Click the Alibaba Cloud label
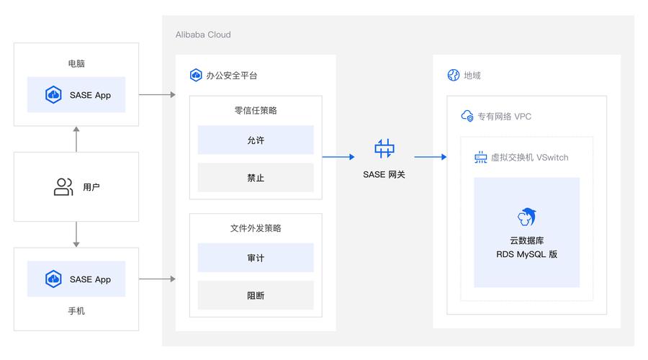point(203,35)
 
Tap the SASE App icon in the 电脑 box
point(53,94)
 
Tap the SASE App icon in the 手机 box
point(53,279)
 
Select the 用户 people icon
point(63,187)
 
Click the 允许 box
point(256,140)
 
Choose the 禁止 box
point(256,177)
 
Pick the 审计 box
point(256,257)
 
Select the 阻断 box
point(256,295)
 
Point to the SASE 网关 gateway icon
point(384,148)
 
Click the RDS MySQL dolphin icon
point(526,216)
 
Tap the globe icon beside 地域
point(453,75)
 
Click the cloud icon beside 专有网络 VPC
point(467,116)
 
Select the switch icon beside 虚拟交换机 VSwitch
point(480,157)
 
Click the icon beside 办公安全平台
point(195,75)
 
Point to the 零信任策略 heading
point(256,110)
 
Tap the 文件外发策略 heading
point(256,228)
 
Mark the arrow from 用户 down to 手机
point(76,234)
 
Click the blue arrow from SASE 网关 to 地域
point(431,156)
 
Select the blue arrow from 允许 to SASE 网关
point(338,156)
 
